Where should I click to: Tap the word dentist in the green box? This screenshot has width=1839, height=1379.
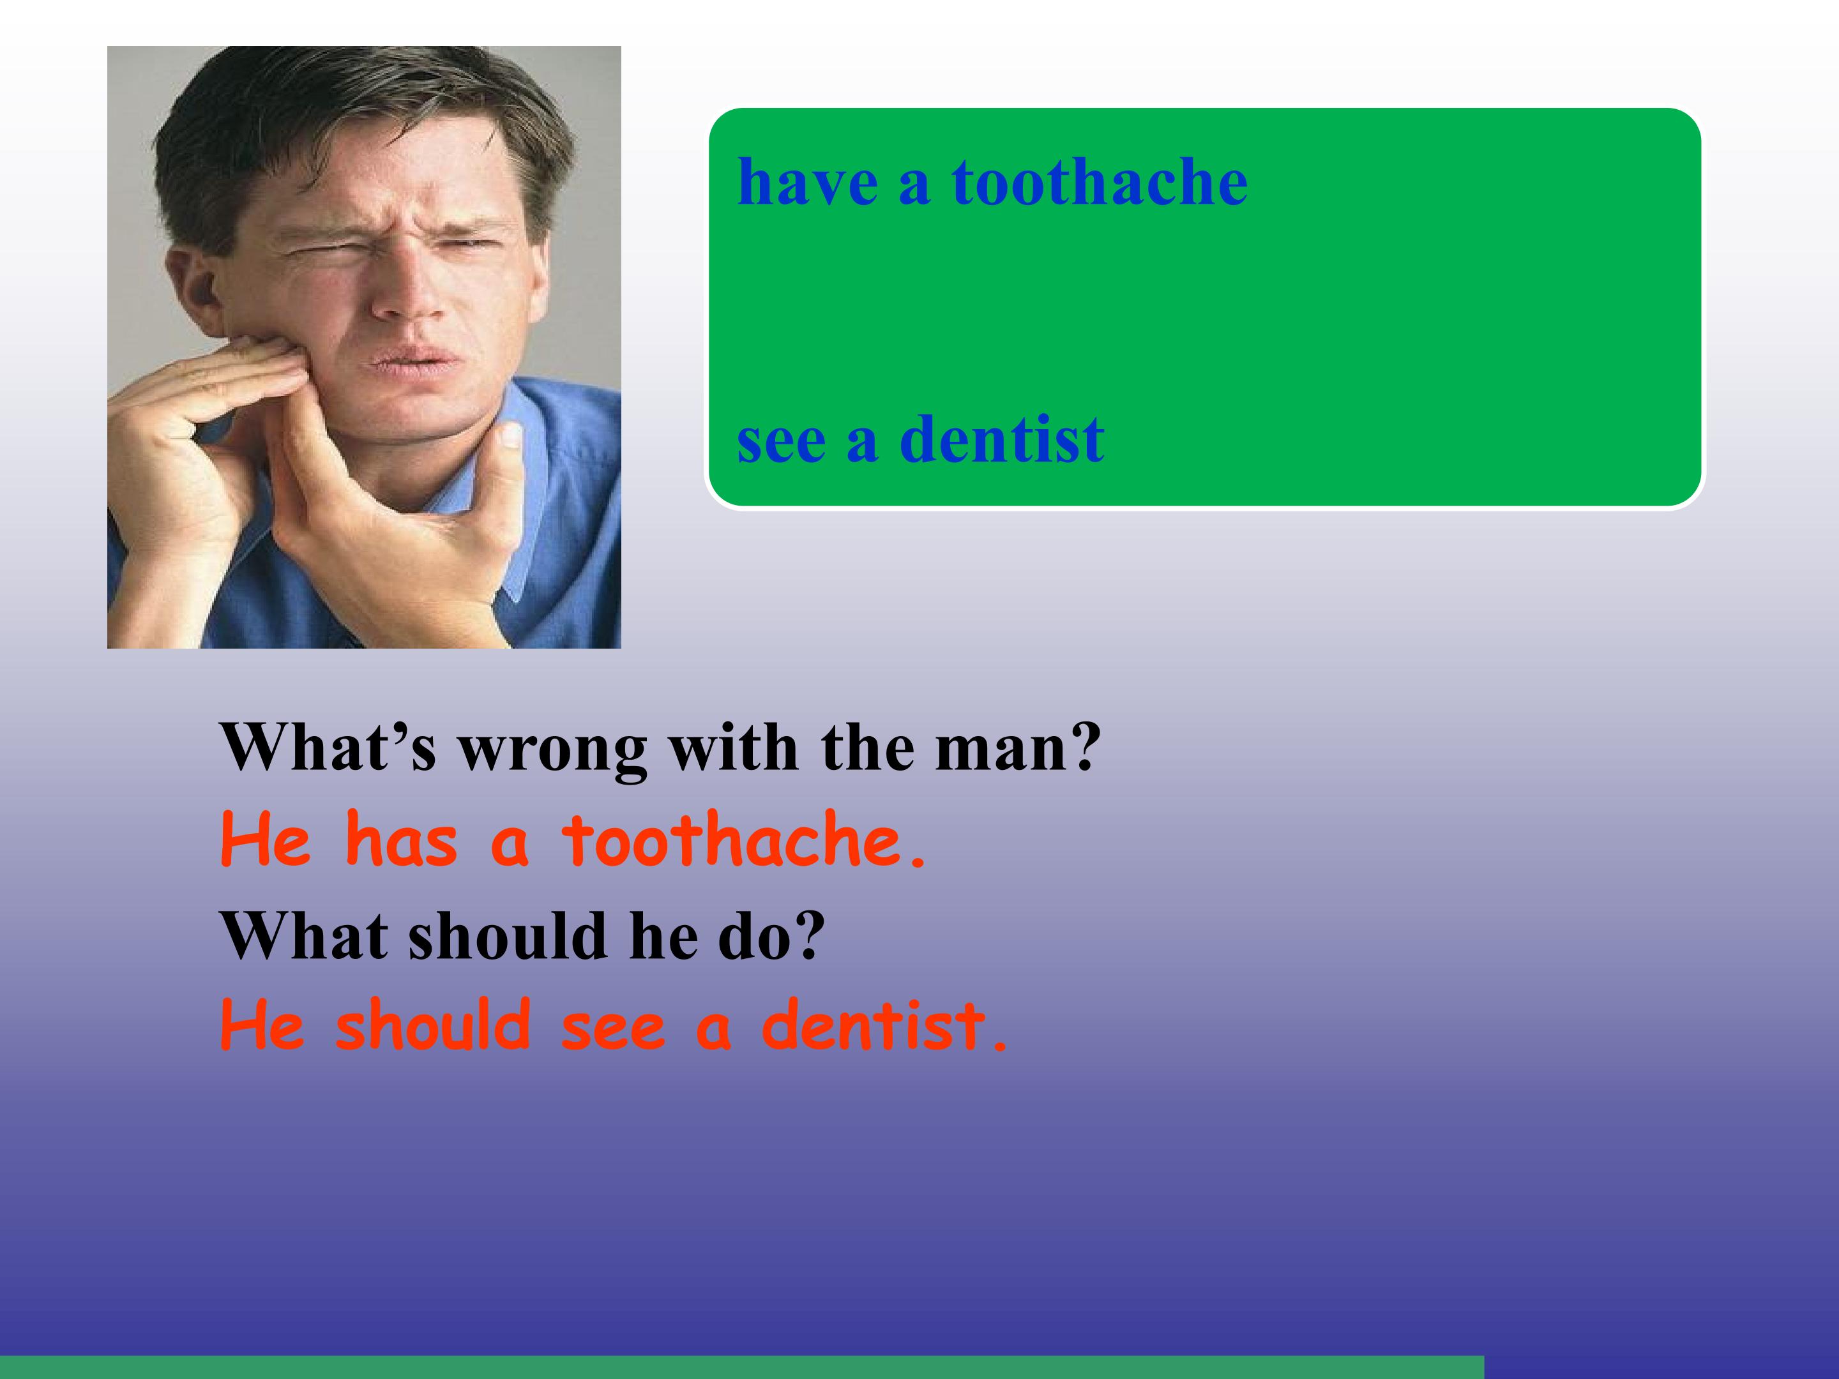(x=1002, y=440)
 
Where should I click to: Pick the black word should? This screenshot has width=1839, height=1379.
(x=507, y=937)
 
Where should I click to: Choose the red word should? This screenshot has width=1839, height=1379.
(x=433, y=1026)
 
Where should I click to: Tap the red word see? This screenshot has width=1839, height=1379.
(x=614, y=1027)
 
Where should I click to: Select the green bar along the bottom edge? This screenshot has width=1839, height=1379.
(x=740, y=1368)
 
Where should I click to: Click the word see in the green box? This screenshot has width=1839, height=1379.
(x=781, y=441)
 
